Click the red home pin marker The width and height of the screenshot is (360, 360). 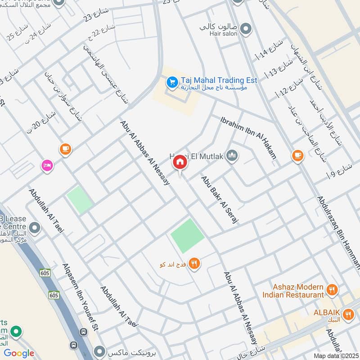(x=180, y=162)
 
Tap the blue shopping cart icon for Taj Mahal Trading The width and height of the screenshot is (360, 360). (x=171, y=82)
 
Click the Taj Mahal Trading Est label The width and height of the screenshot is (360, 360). (x=219, y=80)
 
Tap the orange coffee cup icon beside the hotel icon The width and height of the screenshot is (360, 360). (x=65, y=148)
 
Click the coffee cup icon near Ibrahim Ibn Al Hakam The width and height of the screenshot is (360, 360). (x=297, y=155)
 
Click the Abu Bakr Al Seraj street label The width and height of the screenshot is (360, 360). (x=219, y=200)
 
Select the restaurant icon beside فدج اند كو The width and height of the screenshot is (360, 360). (x=194, y=264)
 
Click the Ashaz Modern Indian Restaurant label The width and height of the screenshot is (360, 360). (x=293, y=291)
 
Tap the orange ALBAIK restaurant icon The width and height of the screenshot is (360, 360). (x=347, y=315)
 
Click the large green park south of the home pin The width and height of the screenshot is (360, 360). (x=188, y=236)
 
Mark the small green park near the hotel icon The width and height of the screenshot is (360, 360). (x=80, y=199)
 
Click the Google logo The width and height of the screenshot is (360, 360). (x=19, y=353)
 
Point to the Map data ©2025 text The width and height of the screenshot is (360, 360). (x=335, y=355)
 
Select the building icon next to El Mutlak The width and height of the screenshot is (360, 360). (x=232, y=156)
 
